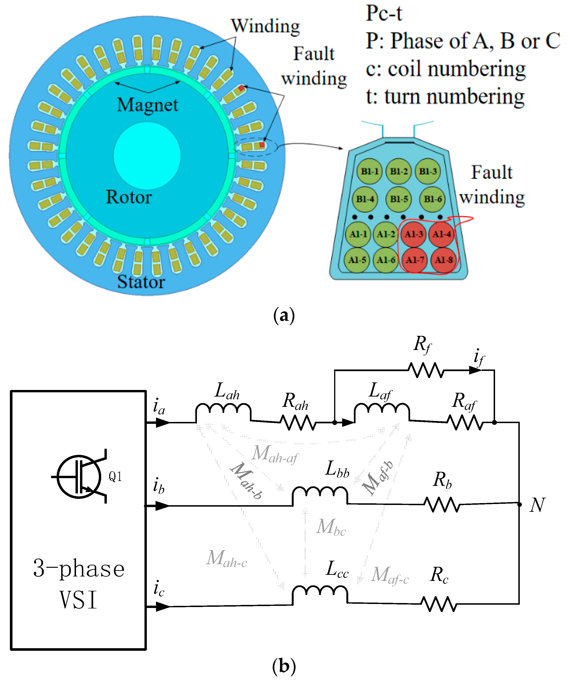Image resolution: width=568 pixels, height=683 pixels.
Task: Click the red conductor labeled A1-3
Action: coord(413,234)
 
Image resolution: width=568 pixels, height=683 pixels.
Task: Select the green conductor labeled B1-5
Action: coord(399,199)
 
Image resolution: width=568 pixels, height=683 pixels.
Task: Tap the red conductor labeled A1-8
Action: coord(443,260)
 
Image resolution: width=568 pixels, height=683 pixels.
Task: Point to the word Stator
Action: coord(141,282)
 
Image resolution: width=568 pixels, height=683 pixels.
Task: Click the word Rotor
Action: coord(129,197)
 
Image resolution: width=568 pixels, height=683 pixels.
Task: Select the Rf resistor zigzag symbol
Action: coord(425,370)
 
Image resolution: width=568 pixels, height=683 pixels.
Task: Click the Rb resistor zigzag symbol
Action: coord(442,504)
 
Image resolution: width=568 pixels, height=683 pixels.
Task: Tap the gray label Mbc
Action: coord(331,527)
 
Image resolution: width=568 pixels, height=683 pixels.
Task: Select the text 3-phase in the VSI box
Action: coord(79,569)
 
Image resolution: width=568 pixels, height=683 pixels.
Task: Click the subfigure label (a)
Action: coord(284,315)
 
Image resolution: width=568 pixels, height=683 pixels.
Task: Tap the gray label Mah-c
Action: coord(227,559)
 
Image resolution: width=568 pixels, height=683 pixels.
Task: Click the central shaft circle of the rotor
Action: coord(147,155)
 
